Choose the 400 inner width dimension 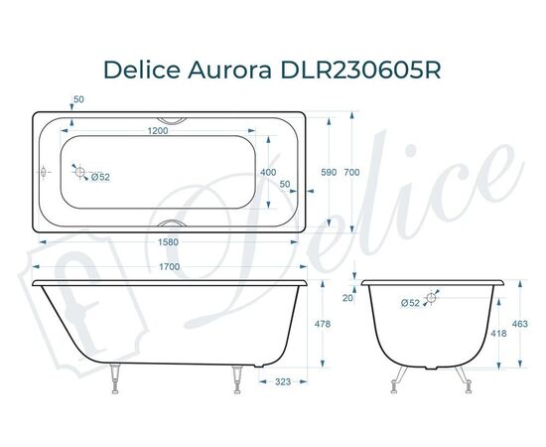pos(269,172)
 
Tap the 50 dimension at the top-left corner pos(79,99)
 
